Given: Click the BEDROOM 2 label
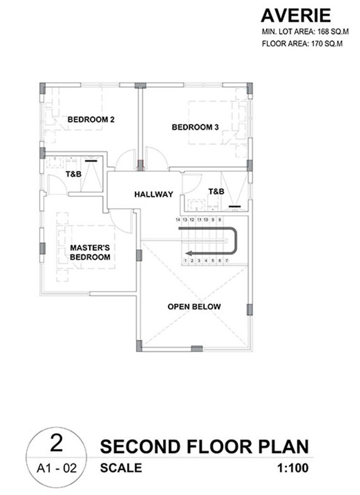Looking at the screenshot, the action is click(x=91, y=120).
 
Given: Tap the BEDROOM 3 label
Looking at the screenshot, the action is click(x=195, y=127).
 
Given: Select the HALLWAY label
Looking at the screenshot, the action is click(x=153, y=194).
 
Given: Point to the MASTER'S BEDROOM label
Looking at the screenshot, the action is click(x=90, y=252).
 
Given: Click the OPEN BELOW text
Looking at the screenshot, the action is click(x=194, y=307).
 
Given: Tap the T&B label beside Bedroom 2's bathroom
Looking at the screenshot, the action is click(x=74, y=174).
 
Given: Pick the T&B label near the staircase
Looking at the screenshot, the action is click(x=217, y=191).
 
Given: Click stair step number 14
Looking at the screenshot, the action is click(x=178, y=220).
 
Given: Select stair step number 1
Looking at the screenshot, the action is click(x=185, y=261).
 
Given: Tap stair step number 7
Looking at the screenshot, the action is click(x=227, y=261).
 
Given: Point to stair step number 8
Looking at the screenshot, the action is click(x=220, y=220).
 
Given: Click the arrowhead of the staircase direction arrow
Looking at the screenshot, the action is click(x=189, y=253).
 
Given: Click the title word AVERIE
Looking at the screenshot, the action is click(x=295, y=16).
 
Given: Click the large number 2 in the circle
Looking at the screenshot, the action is click(x=56, y=443).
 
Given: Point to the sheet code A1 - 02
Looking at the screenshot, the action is click(x=57, y=468).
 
